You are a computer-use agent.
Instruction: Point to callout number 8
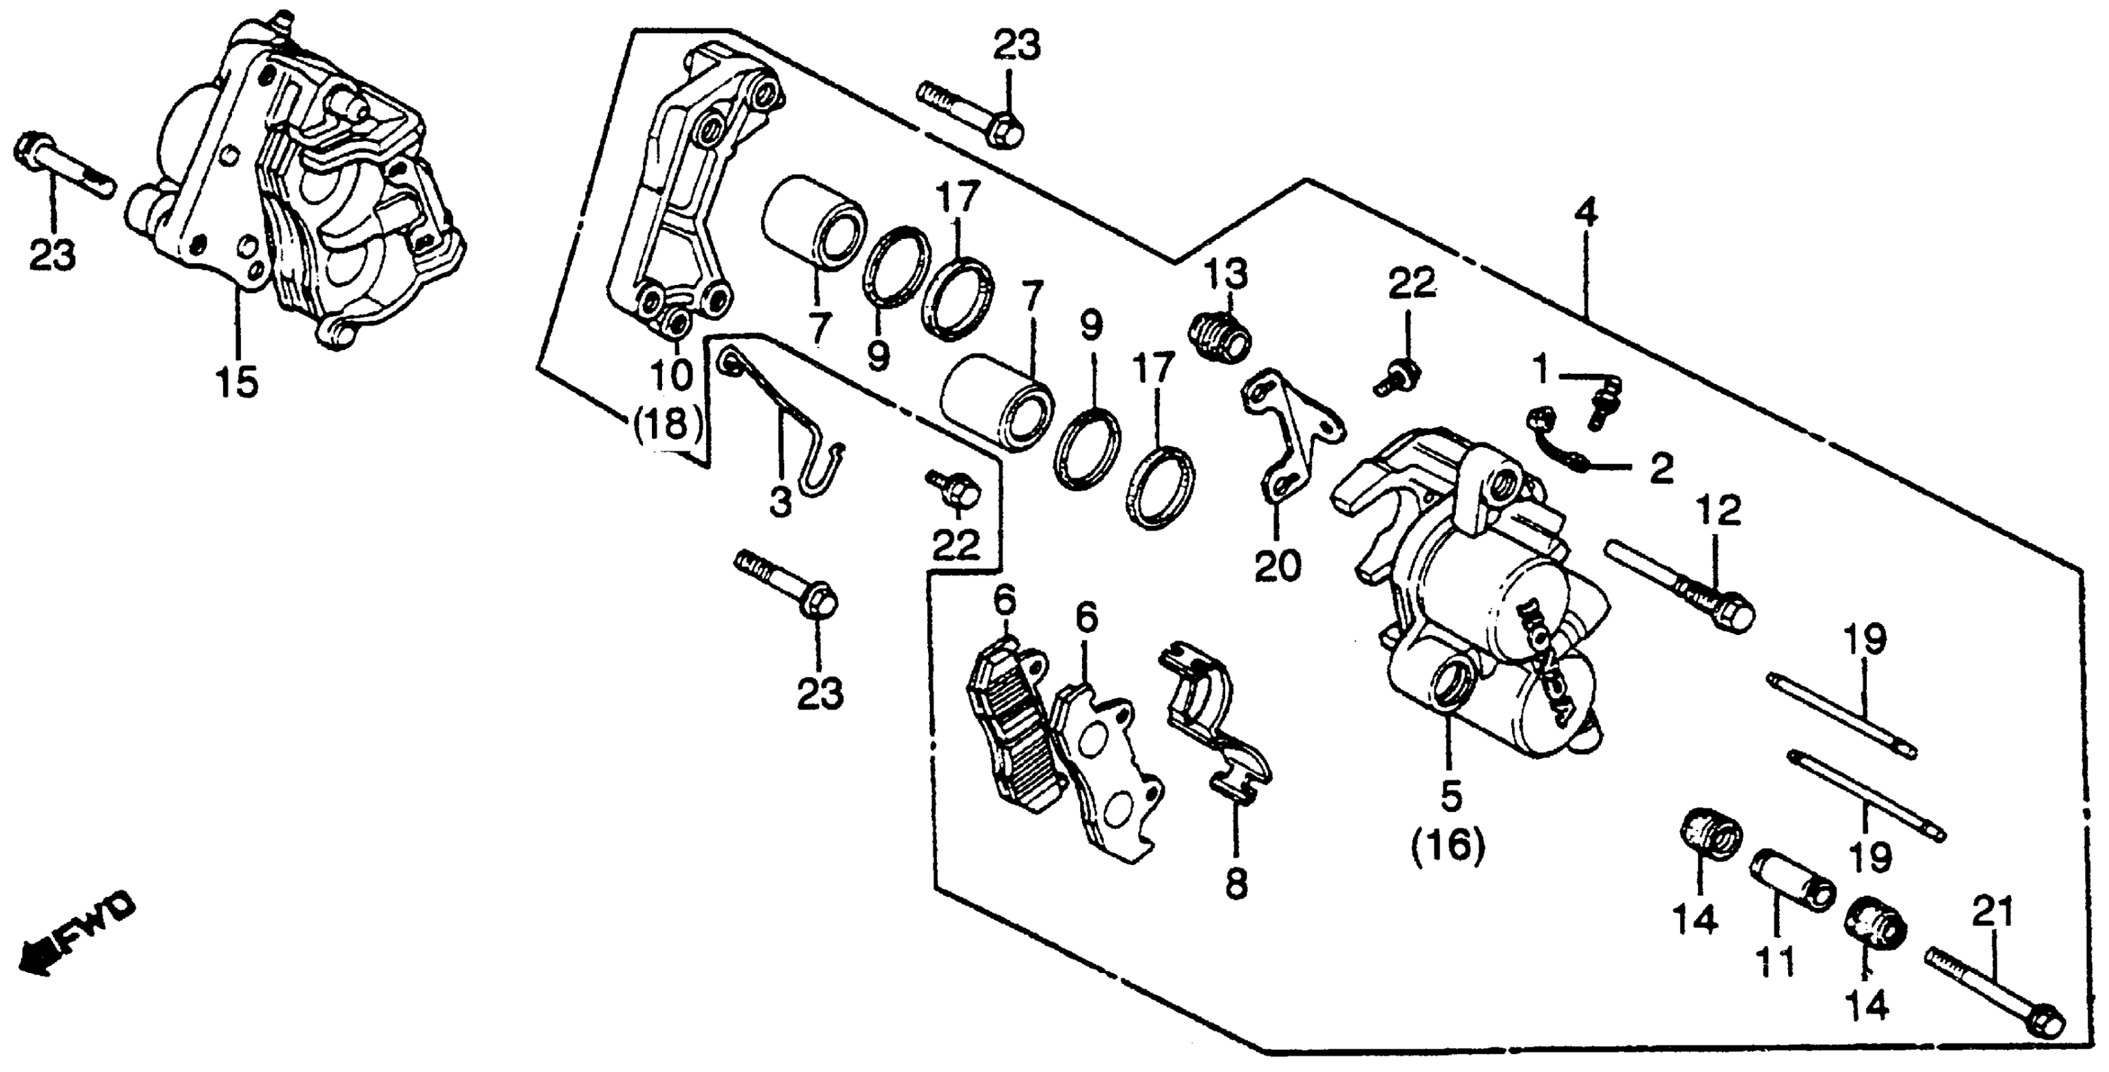[x=1235, y=883]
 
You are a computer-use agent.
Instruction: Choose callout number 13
[x=1225, y=274]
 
